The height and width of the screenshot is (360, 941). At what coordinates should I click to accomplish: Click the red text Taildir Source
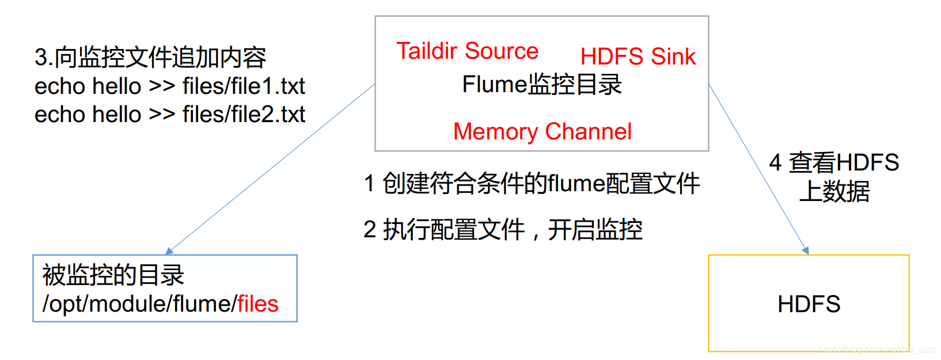tap(467, 51)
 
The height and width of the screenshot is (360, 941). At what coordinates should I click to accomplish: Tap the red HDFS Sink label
tap(638, 56)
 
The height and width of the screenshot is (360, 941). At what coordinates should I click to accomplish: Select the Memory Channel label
tap(542, 132)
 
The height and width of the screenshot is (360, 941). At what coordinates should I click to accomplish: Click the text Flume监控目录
tap(542, 85)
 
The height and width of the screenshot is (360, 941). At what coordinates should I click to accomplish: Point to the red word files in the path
tap(258, 304)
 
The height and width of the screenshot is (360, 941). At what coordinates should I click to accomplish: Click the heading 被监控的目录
tap(113, 275)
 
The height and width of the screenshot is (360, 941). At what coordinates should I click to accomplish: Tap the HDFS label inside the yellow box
tap(809, 304)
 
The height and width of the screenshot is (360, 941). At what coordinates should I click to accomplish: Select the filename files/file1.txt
tap(244, 86)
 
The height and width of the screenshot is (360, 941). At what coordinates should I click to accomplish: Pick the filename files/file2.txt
tap(244, 115)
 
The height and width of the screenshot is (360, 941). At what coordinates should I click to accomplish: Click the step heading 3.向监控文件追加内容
tap(150, 57)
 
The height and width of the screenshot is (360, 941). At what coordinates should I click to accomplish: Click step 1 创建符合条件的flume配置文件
tap(532, 184)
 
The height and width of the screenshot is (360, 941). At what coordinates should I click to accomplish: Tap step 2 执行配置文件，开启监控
tap(503, 230)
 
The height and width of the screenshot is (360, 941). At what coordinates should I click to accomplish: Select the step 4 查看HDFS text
tap(834, 162)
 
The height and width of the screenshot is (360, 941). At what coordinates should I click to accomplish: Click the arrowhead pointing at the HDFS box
tap(806, 251)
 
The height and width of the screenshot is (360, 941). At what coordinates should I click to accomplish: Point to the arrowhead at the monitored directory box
tap(169, 251)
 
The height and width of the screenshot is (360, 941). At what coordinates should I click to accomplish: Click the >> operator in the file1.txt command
tap(162, 86)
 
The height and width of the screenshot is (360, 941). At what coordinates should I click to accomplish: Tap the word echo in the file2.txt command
tap(59, 115)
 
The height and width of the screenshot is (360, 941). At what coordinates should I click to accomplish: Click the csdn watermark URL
tap(877, 349)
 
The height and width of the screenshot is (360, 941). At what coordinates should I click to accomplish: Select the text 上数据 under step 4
tap(834, 192)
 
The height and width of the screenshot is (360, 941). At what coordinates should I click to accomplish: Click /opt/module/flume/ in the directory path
tap(139, 304)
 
